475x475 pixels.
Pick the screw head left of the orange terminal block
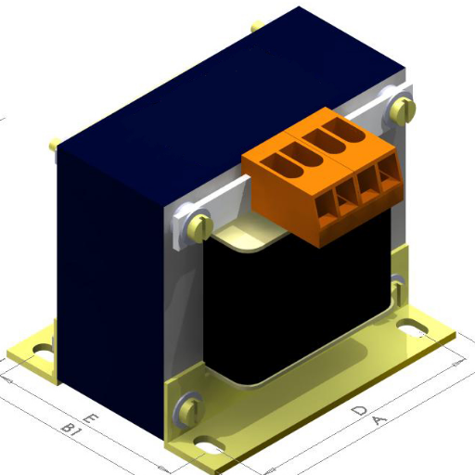[199, 225]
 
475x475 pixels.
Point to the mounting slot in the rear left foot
[42, 352]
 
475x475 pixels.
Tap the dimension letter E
[90, 419]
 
